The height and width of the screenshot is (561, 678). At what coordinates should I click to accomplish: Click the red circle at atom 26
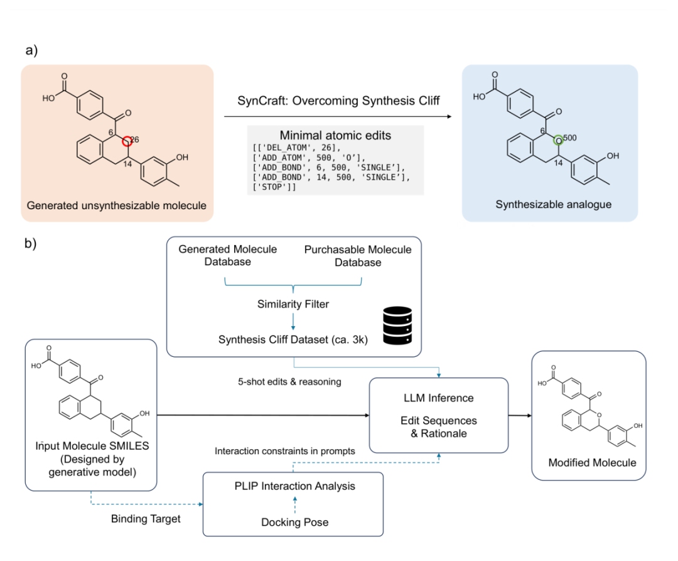(x=127, y=141)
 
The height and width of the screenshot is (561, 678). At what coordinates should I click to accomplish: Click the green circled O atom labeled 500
(x=558, y=141)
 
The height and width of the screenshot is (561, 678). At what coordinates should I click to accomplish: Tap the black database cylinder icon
(x=397, y=325)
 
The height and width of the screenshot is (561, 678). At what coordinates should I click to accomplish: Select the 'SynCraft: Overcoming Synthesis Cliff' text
(x=338, y=101)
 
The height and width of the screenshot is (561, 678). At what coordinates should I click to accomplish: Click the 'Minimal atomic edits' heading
(x=335, y=136)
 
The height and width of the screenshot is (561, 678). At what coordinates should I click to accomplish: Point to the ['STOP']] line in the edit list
(x=274, y=187)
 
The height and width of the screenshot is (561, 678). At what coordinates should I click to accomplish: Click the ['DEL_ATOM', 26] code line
(x=296, y=148)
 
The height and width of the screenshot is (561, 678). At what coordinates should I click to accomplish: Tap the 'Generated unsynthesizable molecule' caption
(x=117, y=205)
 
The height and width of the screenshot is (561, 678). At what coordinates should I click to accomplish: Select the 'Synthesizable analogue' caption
(x=554, y=204)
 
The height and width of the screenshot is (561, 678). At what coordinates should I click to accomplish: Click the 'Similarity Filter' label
(x=293, y=304)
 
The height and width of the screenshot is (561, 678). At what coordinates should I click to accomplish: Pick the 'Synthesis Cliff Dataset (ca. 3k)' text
(x=293, y=339)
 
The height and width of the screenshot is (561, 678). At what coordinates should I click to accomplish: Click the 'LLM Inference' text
(x=438, y=398)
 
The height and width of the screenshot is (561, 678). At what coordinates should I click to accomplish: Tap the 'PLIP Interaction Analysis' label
(x=295, y=486)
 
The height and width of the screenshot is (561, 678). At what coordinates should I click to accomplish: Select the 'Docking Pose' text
(x=295, y=523)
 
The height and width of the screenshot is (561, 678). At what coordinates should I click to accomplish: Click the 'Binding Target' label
(x=146, y=519)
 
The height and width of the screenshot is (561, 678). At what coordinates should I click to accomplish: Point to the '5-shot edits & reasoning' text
(x=289, y=382)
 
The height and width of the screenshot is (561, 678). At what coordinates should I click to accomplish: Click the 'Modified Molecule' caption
(x=593, y=463)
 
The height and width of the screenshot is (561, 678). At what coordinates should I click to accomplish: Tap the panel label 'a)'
(x=31, y=50)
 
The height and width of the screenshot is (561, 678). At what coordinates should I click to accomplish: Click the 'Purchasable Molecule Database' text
(x=358, y=256)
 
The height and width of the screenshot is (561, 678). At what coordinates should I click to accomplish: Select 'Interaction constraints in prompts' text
(x=285, y=451)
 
